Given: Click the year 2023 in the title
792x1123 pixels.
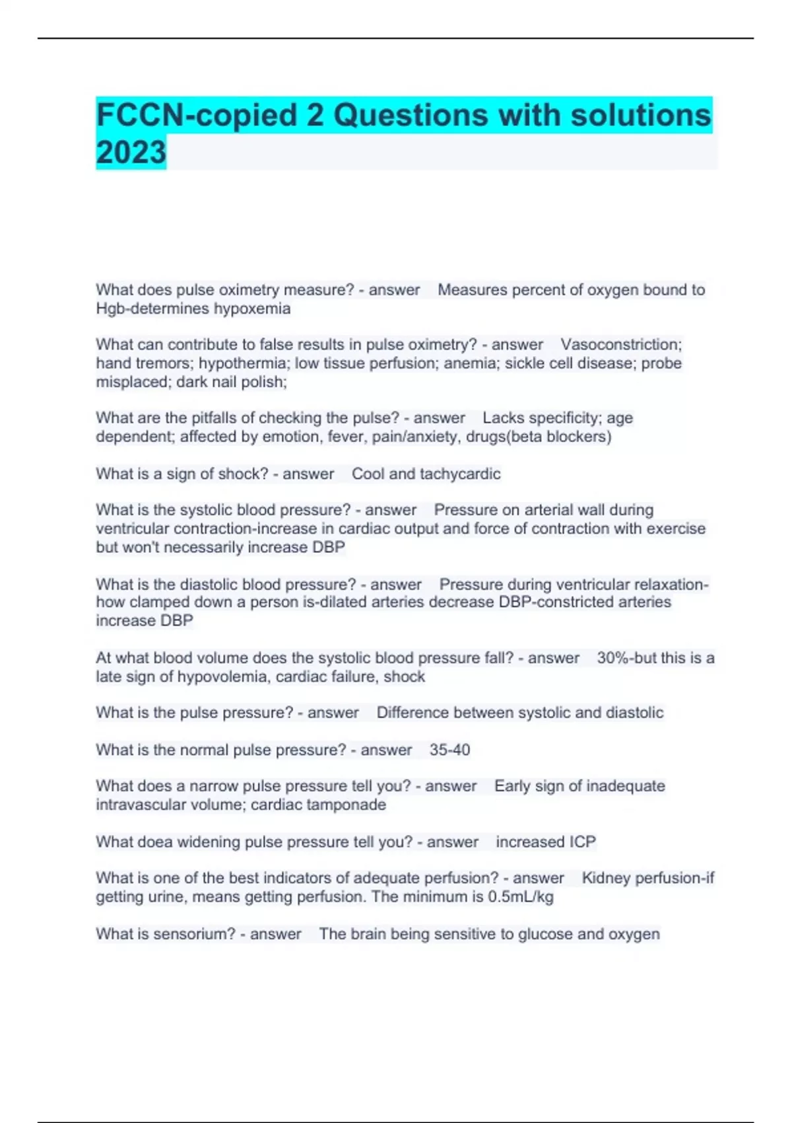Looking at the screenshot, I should (131, 152).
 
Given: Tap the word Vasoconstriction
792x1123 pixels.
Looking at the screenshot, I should (620, 344).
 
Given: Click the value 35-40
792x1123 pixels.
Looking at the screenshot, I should (449, 750).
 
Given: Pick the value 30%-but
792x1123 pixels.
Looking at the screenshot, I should (626, 658).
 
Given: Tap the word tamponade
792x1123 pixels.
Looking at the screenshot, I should (349, 805).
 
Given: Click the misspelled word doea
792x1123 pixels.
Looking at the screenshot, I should (156, 842).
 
